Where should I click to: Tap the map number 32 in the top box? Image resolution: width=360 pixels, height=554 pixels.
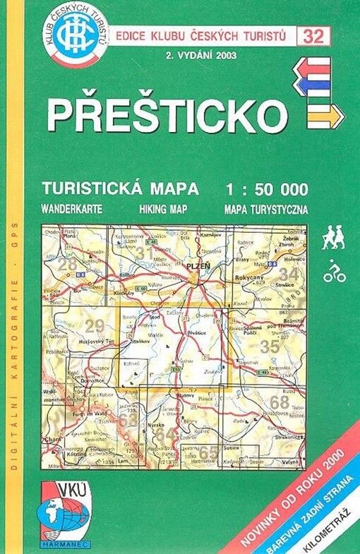click(315, 35)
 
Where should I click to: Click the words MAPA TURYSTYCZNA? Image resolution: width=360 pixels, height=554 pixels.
click(265, 209)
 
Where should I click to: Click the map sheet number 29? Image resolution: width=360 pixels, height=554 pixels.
click(94, 325)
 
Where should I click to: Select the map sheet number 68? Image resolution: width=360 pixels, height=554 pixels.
click(280, 402)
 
